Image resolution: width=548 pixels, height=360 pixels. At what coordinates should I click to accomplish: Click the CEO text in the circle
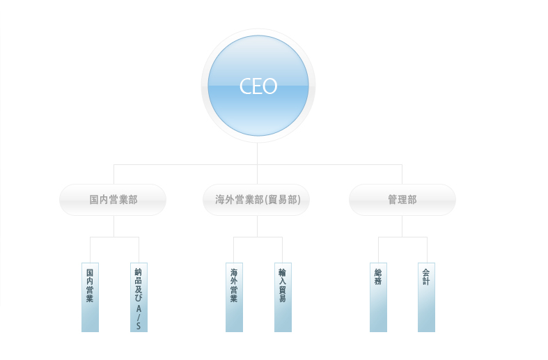258,86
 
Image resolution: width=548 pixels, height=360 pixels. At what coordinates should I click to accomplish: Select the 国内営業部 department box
113,200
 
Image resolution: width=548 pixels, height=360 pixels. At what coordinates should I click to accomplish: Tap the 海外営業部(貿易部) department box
256,200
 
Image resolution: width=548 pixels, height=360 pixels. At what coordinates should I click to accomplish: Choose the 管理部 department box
402,200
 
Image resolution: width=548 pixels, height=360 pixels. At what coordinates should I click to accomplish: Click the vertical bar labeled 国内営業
90,297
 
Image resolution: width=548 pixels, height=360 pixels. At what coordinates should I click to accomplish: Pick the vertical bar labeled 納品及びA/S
139,297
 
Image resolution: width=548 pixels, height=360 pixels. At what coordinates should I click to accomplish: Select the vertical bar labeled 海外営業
234,297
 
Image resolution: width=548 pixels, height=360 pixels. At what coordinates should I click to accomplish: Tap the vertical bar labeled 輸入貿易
283,297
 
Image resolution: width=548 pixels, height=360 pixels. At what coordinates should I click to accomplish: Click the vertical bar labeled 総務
378,297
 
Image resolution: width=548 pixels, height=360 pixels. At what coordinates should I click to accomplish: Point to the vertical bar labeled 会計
426,297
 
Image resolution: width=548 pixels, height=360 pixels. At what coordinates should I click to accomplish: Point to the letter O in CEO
269,86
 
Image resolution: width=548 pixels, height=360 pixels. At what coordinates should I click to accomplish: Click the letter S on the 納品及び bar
139,326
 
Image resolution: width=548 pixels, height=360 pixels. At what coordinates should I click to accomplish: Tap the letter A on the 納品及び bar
139,309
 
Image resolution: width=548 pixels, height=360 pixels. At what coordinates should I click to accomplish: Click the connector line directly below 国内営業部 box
114,226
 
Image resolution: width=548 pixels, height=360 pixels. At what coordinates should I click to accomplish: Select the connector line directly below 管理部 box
402,226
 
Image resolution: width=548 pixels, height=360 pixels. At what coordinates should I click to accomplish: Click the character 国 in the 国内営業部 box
94,200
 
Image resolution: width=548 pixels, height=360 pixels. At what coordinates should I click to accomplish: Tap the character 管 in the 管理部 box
393,200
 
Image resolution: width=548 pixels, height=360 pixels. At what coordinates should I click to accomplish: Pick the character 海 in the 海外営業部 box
220,200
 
